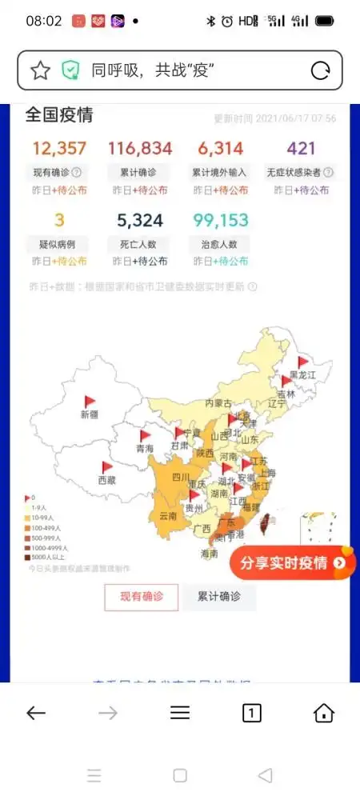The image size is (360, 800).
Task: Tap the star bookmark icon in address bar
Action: point(40,70)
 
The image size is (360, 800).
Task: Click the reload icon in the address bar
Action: point(321,70)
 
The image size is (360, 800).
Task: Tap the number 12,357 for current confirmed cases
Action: point(59,148)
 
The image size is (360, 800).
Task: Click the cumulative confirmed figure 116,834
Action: point(140,148)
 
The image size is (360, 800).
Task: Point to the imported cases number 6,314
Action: point(220,148)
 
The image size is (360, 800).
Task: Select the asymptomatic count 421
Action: point(301,148)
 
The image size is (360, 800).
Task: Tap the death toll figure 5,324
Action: point(140,220)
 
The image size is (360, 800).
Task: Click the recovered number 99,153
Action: point(220,220)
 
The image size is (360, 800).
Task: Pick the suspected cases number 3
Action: point(59,220)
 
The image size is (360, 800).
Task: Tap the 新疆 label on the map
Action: point(90,414)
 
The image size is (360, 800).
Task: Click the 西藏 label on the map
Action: point(106,480)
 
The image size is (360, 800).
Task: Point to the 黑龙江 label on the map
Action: point(303,374)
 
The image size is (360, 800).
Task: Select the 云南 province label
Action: point(168,515)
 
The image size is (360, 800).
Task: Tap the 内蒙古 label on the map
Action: point(218,402)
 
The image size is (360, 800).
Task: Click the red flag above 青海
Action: point(146,437)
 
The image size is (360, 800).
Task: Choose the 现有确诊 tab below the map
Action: point(141,596)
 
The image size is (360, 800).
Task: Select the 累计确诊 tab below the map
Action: point(219,596)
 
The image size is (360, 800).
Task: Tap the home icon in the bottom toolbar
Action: point(323,713)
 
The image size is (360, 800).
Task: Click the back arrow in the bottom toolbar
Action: point(36,713)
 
